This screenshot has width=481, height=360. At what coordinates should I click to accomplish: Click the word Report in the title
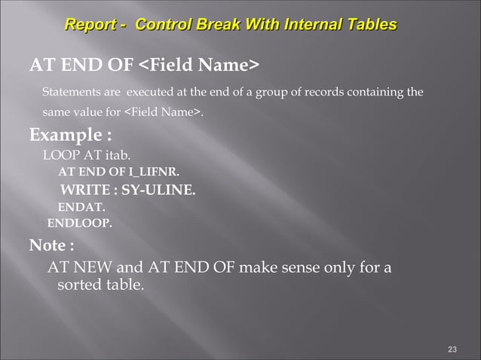pyautogui.click(x=90, y=25)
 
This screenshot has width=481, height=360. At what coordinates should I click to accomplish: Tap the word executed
pyautogui.click(x=149, y=93)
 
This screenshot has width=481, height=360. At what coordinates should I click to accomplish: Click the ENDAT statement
pyautogui.click(x=81, y=206)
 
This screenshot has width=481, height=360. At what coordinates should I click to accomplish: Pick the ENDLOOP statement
pyautogui.click(x=79, y=223)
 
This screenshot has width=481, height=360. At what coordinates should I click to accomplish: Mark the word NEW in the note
pyautogui.click(x=90, y=267)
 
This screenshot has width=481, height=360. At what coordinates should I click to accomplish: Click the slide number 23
pyautogui.click(x=452, y=349)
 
